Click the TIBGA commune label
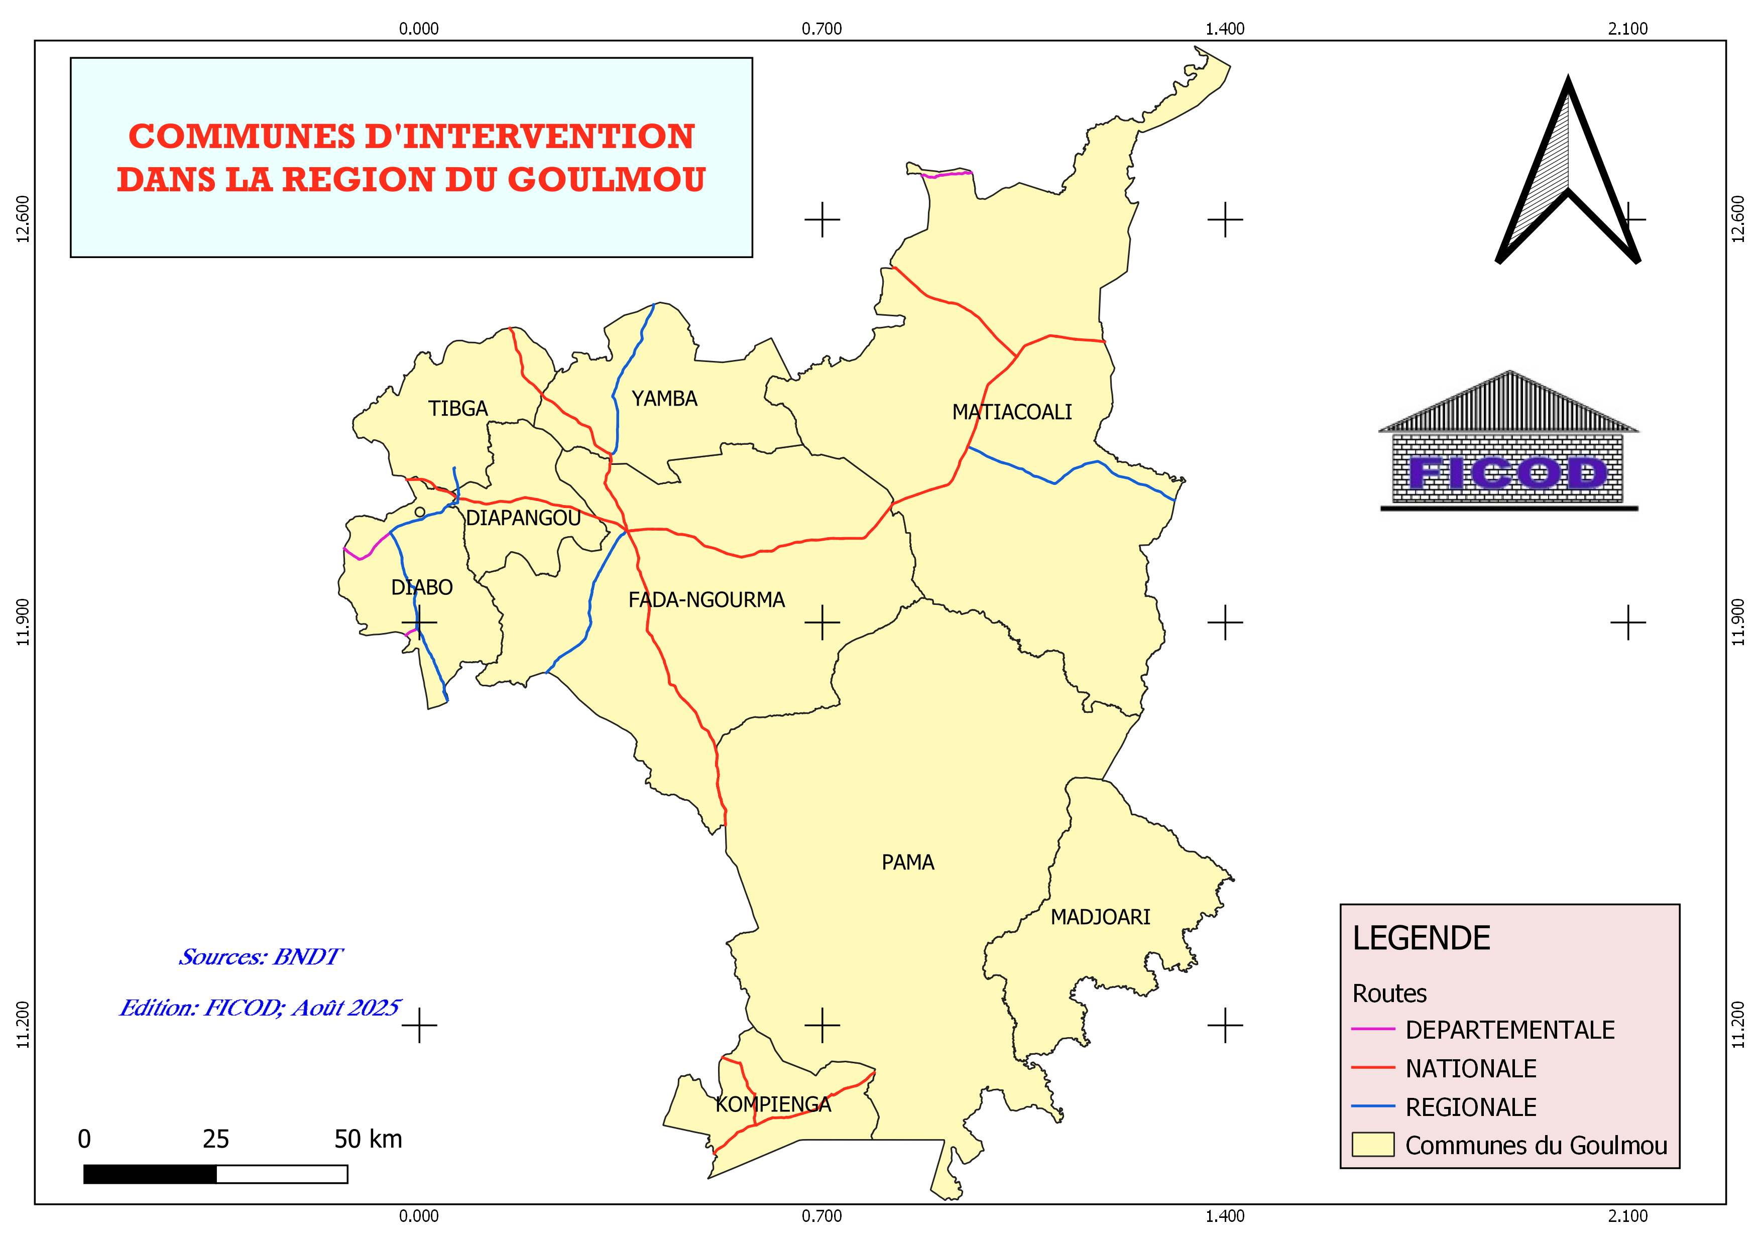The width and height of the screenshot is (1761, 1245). [458, 409]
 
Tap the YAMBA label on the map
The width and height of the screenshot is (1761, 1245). [664, 399]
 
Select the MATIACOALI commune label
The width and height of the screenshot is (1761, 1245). [1012, 413]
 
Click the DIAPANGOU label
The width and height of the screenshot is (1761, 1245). [523, 518]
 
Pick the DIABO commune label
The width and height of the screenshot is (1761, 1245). [422, 587]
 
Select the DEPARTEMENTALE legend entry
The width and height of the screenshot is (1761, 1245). [1509, 1030]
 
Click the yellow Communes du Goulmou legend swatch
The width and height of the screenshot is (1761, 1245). [1372, 1145]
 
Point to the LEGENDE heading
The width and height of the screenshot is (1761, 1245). [1421, 938]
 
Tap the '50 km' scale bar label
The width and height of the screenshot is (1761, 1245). [368, 1139]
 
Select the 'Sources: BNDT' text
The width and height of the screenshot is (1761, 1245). [261, 957]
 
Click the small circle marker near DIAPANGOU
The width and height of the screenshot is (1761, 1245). [420, 512]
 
